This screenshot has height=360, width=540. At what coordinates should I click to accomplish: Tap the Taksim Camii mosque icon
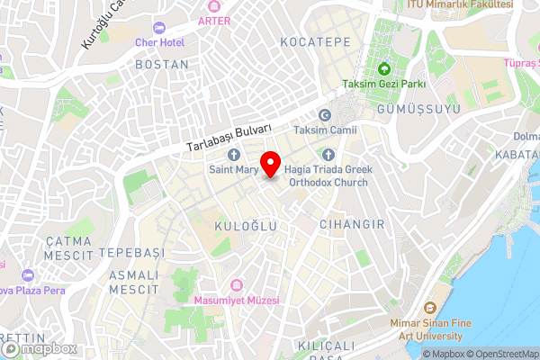326,115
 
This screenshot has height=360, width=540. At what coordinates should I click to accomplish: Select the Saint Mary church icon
233,154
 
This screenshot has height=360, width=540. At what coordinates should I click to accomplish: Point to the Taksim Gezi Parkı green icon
383,69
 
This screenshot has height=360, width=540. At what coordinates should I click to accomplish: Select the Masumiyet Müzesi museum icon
236,284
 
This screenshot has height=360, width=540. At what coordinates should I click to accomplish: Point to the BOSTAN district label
162,65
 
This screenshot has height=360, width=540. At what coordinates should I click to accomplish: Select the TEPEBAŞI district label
132,252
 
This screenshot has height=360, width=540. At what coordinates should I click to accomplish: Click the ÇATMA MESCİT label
68,248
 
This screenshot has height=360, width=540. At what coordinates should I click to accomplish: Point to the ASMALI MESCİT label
133,282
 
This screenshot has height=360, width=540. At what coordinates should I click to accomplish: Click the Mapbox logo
40,348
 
